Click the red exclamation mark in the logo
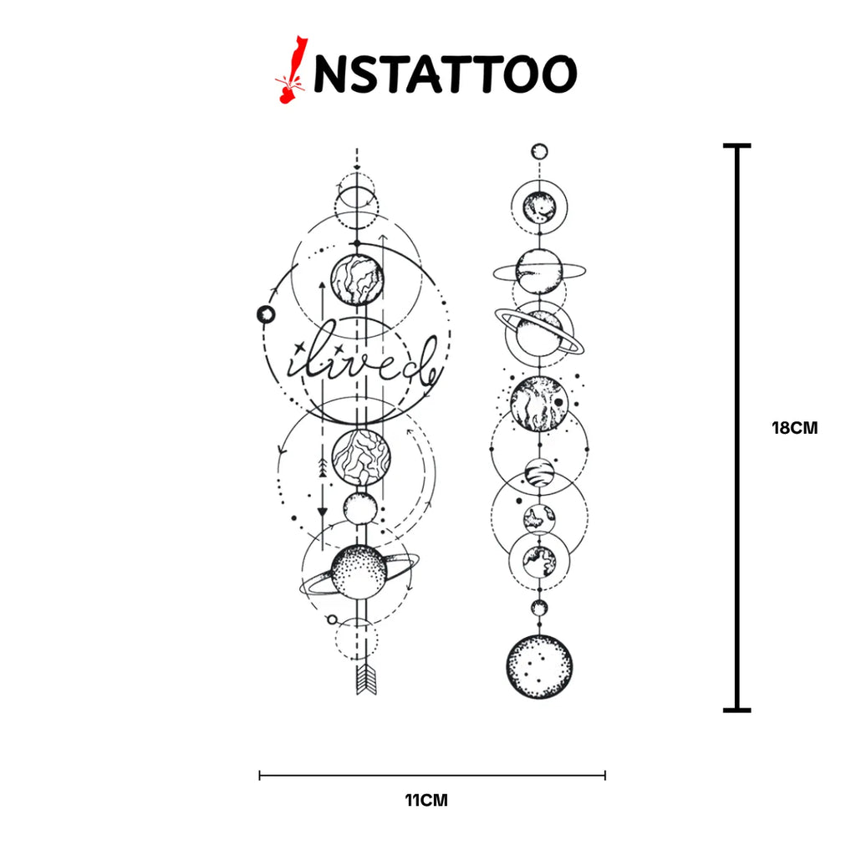[291, 70]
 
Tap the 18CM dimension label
[795, 428]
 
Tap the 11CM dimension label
[426, 800]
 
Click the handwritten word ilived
[363, 361]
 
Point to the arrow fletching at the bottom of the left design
[366, 680]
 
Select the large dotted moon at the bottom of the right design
[539, 666]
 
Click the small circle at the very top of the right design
[539, 151]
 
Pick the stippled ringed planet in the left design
[359, 572]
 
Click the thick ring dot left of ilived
[266, 314]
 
